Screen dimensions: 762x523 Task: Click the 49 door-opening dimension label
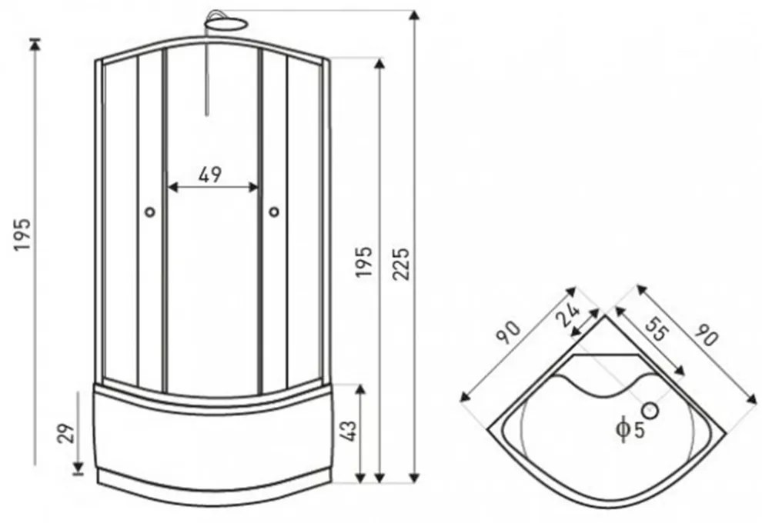pyautogui.click(x=210, y=175)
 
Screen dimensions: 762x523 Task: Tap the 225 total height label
pyautogui.click(x=402, y=264)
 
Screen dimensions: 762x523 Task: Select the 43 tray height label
pyautogui.click(x=349, y=431)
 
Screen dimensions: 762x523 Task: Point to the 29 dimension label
pyautogui.click(x=66, y=434)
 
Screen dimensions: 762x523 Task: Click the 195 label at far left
pyautogui.click(x=22, y=235)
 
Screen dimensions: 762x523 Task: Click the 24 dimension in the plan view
pyautogui.click(x=568, y=315)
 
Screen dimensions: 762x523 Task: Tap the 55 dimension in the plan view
pyautogui.click(x=657, y=331)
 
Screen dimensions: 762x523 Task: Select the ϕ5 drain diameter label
pyautogui.click(x=630, y=429)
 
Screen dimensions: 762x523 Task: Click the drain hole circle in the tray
pyautogui.click(x=650, y=411)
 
